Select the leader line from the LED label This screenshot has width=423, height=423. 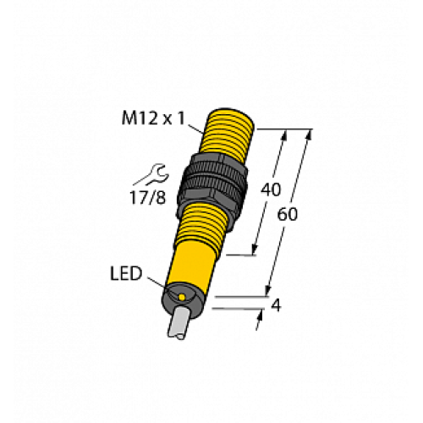click(161, 284)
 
